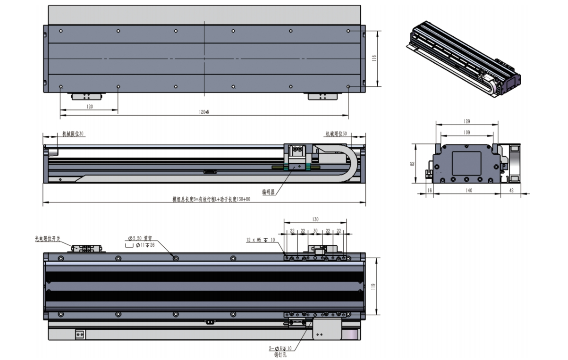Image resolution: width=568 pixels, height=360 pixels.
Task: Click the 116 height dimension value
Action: (374, 59)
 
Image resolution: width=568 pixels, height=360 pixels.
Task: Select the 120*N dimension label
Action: (204, 112)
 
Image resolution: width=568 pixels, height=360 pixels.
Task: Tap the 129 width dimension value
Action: (466, 122)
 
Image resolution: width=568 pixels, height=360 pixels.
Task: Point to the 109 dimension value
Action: (466, 133)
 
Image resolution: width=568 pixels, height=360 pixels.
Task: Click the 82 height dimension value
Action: (412, 164)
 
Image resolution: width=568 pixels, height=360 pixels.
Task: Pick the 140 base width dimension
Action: (469, 190)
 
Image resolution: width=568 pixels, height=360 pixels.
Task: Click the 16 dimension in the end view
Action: (429, 190)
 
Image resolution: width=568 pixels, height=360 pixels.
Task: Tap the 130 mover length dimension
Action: (315, 219)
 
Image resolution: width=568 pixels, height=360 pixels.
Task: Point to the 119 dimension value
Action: (373, 286)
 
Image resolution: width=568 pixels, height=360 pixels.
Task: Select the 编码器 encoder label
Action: (269, 192)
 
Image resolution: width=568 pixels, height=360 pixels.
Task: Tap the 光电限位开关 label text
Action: (47, 239)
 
